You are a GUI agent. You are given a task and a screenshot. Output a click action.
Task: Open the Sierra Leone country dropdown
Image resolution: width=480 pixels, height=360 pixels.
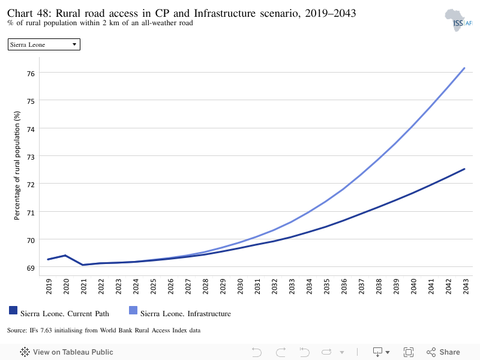pyautogui.click(x=44, y=44)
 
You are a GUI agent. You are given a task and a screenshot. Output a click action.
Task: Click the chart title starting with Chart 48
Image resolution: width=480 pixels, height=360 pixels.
pyautogui.click(x=182, y=13)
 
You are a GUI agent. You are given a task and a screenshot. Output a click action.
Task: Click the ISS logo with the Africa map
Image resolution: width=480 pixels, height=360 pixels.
pyautogui.click(x=458, y=20)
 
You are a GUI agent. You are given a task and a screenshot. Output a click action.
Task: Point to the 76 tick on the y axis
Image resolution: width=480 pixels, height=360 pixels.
pyautogui.click(x=31, y=73)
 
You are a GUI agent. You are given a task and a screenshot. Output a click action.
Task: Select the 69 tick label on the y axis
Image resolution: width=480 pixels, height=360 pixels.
pyautogui.click(x=31, y=268)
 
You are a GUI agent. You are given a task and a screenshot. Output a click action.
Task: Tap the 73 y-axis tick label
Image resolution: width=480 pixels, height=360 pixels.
pyautogui.click(x=31, y=157)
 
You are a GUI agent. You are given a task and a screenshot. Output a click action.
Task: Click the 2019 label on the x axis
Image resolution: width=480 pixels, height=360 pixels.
pyautogui.click(x=49, y=286)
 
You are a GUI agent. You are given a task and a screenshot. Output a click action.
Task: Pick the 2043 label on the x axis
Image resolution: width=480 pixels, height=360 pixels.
pyautogui.click(x=466, y=286)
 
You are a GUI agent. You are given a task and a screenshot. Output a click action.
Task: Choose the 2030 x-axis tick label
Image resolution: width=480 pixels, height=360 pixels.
pyautogui.click(x=239, y=286)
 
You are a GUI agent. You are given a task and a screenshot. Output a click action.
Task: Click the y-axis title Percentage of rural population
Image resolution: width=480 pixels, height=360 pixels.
pyautogui.click(x=17, y=166)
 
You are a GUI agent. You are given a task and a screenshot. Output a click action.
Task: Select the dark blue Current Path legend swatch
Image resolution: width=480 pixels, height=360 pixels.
pyautogui.click(x=13, y=310)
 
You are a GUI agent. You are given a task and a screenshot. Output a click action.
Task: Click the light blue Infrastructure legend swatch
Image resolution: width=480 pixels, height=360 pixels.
pyautogui.click(x=133, y=310)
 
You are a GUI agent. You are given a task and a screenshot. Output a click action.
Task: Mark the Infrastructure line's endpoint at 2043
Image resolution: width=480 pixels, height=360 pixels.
pyautogui.click(x=464, y=68)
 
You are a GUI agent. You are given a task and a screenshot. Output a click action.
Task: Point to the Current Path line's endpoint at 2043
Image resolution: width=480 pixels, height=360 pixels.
pyautogui.click(x=464, y=169)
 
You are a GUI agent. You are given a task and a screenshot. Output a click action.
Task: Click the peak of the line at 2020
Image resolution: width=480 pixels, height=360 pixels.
pyautogui.click(x=65, y=256)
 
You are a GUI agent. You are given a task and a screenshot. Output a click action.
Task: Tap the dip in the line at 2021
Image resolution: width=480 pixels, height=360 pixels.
pyautogui.click(x=83, y=265)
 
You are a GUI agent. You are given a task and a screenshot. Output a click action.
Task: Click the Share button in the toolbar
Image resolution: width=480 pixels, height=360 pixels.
pyautogui.click(x=443, y=352)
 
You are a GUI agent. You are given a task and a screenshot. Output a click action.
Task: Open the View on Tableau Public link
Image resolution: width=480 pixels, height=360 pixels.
pyautogui.click(x=67, y=352)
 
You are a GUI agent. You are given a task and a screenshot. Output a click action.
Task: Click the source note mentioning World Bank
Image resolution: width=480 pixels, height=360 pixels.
pyautogui.click(x=104, y=331)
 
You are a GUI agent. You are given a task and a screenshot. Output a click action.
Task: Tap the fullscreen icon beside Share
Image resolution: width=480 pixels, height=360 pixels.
pyautogui.click(x=409, y=352)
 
